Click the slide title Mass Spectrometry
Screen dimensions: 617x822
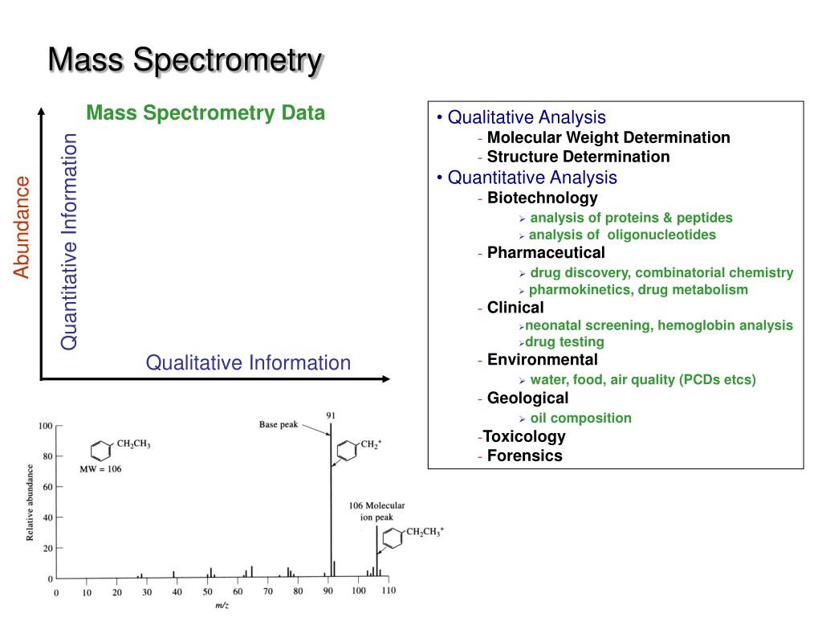tap(185, 60)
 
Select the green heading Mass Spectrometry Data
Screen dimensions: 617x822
tap(205, 112)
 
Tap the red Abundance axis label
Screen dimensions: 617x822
tap(22, 227)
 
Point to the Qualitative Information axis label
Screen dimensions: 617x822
tap(248, 363)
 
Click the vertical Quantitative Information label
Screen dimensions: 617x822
tap(71, 242)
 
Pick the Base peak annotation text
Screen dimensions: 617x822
tap(279, 423)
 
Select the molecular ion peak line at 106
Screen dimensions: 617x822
tap(376, 554)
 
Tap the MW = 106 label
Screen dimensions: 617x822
tap(100, 468)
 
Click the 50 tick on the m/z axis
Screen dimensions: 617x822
tap(206, 593)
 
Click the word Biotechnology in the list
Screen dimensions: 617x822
tap(542, 198)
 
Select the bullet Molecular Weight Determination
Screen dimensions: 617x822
tap(608, 137)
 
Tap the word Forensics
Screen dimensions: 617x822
tap(524, 456)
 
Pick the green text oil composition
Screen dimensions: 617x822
tap(580, 418)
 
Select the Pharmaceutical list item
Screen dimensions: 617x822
tap(546, 253)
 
